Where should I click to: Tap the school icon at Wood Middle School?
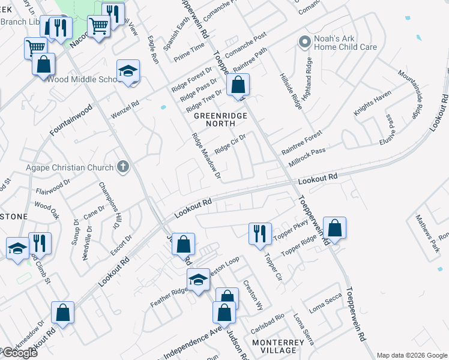coord(128,71)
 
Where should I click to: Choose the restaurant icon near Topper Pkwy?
coord(260,232)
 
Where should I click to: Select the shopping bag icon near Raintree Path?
coord(238,85)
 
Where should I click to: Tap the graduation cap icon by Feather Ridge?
coord(199,280)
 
